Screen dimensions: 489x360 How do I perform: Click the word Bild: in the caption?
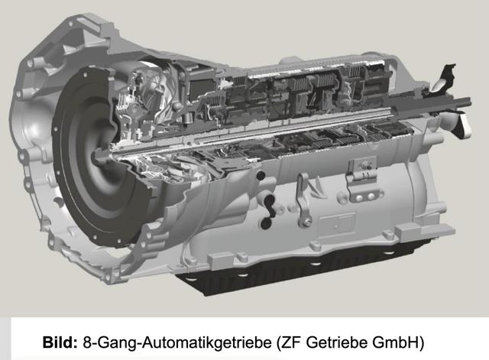[x=60, y=342]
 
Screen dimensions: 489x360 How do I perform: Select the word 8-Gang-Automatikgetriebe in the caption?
[x=177, y=342]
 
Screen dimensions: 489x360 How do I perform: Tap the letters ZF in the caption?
[x=291, y=342]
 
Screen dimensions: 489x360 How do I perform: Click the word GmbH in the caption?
[x=395, y=342]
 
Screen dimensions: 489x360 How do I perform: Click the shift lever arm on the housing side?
[x=303, y=199]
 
